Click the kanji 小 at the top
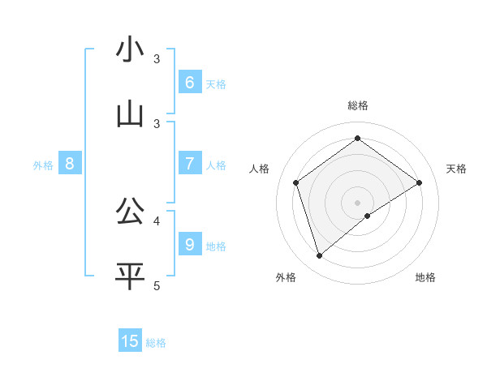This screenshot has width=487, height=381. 130,49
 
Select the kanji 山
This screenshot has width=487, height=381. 130,114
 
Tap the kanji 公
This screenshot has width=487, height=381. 130,212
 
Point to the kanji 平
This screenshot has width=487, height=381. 130,276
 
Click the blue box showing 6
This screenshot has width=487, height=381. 189,83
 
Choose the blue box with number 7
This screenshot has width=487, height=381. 189,164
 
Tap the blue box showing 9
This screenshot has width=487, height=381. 189,244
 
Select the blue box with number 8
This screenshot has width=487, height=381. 70,164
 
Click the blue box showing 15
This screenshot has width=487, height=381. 130,341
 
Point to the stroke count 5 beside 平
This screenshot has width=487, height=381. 157,285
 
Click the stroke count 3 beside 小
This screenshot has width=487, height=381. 157,59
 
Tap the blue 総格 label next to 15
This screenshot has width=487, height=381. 156,343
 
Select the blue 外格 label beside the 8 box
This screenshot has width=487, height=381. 43,165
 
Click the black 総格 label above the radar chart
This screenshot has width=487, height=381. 358,105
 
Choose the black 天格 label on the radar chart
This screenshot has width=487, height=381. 457,169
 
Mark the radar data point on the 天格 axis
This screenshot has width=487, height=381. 419,182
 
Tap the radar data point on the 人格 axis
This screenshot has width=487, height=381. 296,182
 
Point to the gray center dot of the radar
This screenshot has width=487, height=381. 358,202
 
